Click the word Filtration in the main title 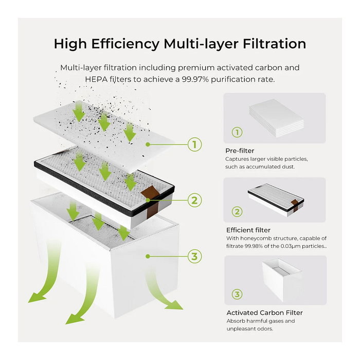pyautogui.click(x=274, y=44)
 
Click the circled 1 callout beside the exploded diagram pyautogui.click(x=194, y=145)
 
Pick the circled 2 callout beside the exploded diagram pyautogui.click(x=194, y=200)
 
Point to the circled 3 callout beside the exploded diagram pyautogui.click(x=194, y=256)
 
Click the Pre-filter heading pyautogui.click(x=240, y=151)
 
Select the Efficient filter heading pyautogui.click(x=248, y=230)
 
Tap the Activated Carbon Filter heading pyautogui.click(x=264, y=313)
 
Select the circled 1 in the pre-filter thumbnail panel pyautogui.click(x=237, y=133)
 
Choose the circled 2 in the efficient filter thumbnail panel pyautogui.click(x=237, y=211)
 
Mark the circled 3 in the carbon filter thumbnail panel pyautogui.click(x=237, y=294)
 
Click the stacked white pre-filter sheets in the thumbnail pyautogui.click(x=277, y=118)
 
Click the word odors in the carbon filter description pyautogui.click(x=266, y=329)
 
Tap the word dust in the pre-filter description pyautogui.click(x=289, y=167)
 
